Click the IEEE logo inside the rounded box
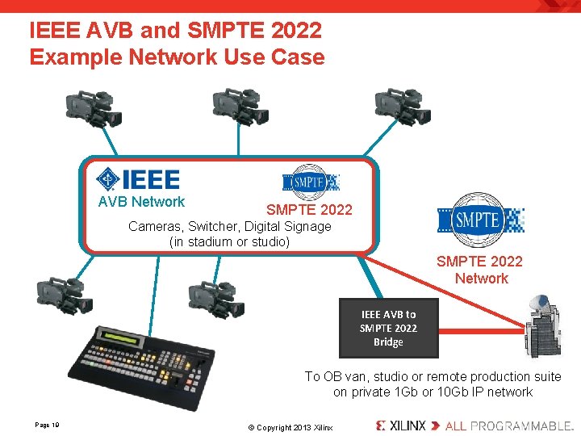138,178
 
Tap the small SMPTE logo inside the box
310,182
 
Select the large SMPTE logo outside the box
481,220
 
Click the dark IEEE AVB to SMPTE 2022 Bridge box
388,329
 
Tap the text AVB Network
141,202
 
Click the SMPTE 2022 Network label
479,270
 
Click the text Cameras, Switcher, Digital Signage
230,226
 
